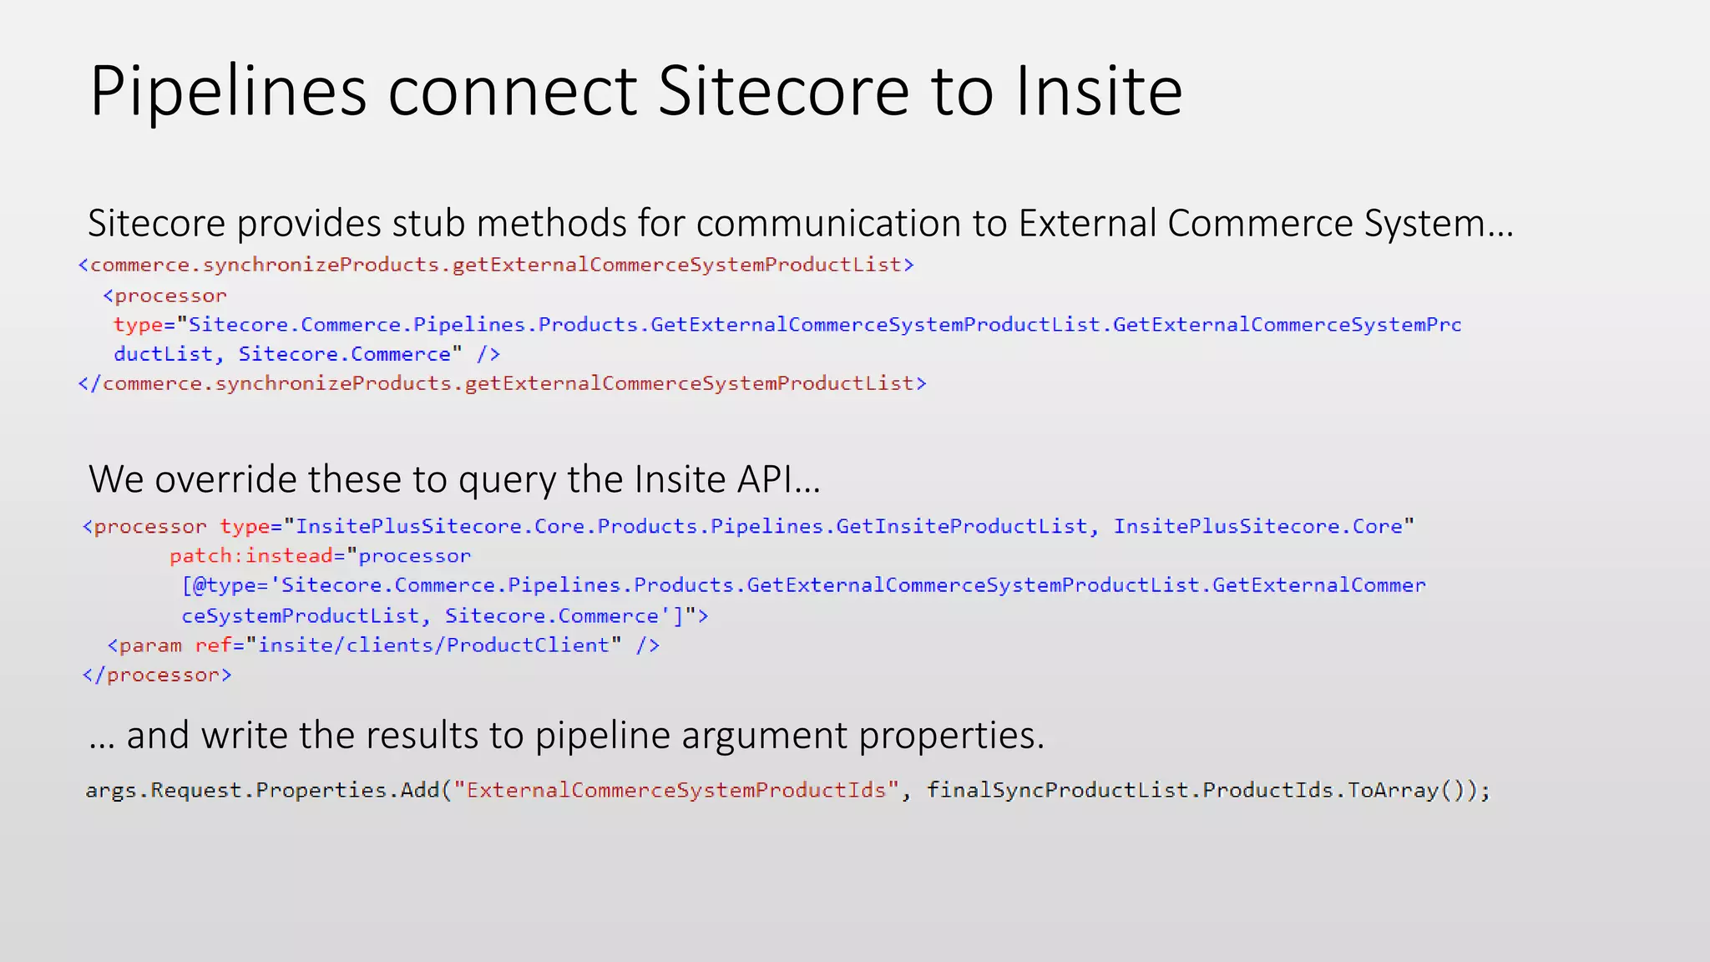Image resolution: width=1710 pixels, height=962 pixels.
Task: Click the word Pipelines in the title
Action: coord(228,92)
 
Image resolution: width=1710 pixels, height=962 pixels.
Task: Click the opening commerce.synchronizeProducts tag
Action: coord(496,265)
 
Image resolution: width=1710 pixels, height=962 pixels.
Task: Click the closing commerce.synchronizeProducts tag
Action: coord(502,383)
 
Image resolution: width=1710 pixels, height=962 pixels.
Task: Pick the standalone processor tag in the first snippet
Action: coord(165,296)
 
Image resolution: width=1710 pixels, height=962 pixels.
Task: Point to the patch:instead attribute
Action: coord(250,556)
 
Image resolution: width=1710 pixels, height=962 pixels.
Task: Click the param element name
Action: coord(149,646)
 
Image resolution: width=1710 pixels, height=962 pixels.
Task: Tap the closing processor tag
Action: coord(157,675)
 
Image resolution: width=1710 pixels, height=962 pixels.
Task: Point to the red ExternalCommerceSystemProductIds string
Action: coord(676,790)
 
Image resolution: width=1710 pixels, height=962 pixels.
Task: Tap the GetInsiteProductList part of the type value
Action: coord(961,527)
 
